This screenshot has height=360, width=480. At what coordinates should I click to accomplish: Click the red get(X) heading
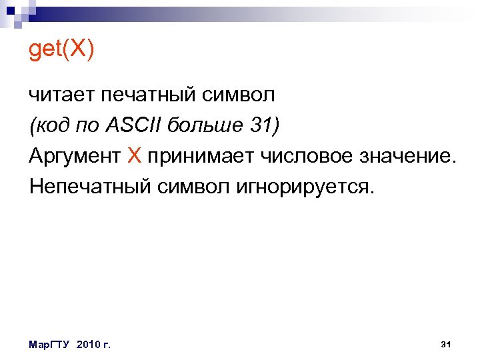[61, 51]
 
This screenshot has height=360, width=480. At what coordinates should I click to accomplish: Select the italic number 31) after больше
[265, 125]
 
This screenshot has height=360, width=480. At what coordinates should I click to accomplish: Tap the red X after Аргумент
[134, 155]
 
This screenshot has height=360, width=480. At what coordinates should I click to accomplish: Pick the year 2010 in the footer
[89, 345]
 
